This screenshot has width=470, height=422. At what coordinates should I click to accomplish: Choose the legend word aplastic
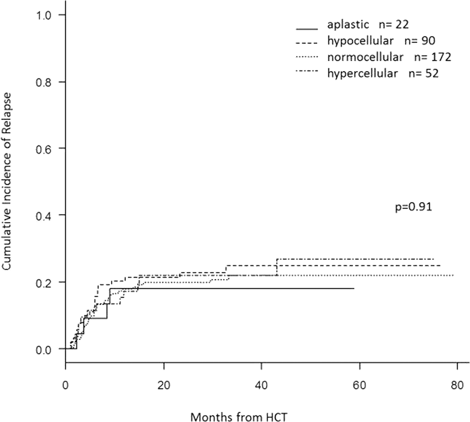[348, 24]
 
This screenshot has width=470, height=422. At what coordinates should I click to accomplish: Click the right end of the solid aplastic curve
[354, 288]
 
